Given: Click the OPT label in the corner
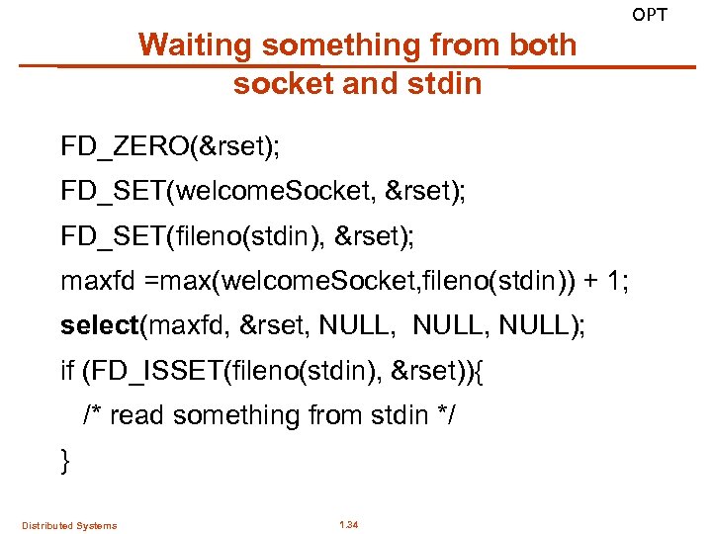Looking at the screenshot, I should click(650, 15).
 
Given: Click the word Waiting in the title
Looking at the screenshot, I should click(198, 45).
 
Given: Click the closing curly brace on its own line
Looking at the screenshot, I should click(66, 460).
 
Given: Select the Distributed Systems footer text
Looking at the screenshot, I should click(69, 525).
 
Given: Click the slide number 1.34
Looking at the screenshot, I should click(348, 524).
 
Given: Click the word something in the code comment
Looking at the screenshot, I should click(236, 415).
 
